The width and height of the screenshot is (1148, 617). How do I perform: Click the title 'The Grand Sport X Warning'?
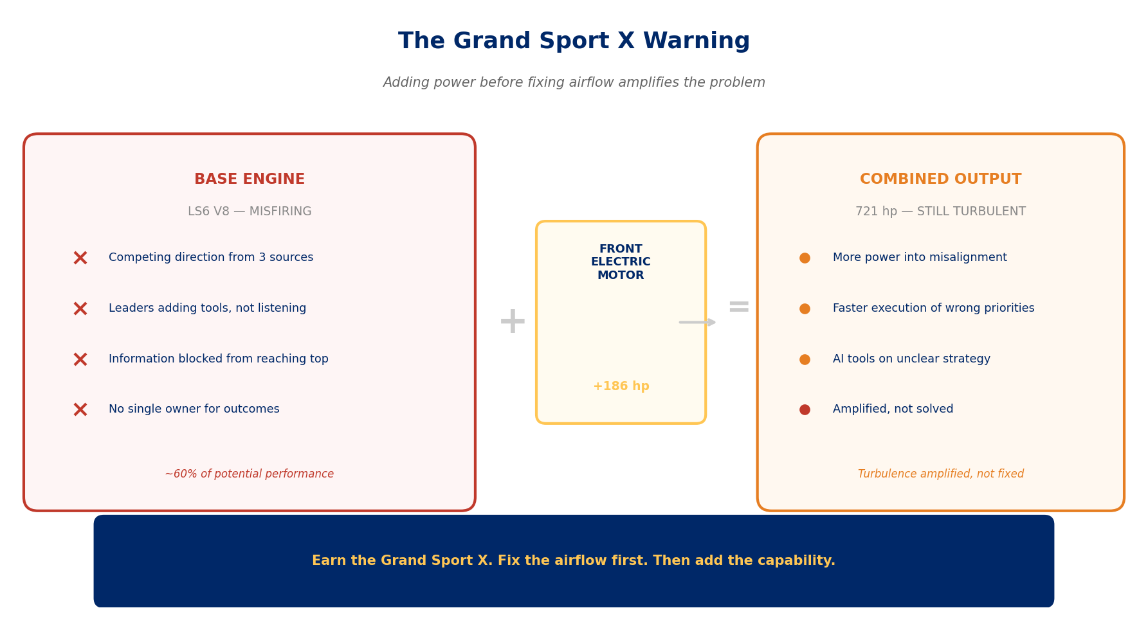pos(574,42)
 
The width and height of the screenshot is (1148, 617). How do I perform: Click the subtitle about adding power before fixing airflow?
pos(574,83)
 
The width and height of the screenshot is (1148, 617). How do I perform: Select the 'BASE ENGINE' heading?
pos(250,180)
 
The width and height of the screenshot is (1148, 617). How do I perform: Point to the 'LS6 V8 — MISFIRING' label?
pos(250,212)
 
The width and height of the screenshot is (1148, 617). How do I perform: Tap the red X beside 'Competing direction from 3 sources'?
pos(80,258)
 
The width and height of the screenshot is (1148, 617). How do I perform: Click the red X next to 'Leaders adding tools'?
pos(80,309)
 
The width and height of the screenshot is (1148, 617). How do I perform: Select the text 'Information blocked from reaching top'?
pos(219,359)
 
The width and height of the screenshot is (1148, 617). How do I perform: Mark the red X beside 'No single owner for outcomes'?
pos(80,410)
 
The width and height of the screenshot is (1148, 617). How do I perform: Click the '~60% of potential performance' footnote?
pos(250,474)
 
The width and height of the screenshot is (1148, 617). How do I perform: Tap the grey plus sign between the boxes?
pos(513,321)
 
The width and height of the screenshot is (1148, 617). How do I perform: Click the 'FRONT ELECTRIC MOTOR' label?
pos(621,262)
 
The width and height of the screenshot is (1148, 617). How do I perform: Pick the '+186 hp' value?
pos(621,386)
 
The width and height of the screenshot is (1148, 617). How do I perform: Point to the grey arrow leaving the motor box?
pos(697,322)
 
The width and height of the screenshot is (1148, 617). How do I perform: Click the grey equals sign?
pos(738,307)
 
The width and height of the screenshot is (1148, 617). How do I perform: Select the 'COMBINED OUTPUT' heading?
pos(940,180)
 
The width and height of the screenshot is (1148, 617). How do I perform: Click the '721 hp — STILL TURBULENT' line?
pos(940,212)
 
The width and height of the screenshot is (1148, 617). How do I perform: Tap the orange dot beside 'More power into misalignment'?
pos(805,258)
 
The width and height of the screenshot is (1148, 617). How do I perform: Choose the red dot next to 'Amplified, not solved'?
pos(805,410)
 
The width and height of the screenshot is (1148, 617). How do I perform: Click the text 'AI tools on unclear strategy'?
pos(911,359)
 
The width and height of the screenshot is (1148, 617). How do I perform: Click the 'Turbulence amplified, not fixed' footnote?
pos(940,474)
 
